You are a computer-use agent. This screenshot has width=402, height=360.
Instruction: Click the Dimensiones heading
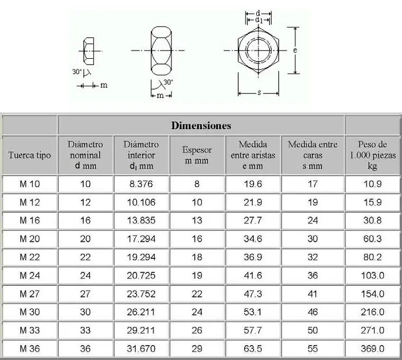click(201, 125)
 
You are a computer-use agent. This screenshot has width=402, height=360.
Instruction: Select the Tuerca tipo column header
click(30, 155)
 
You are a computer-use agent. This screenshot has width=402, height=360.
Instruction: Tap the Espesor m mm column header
click(197, 155)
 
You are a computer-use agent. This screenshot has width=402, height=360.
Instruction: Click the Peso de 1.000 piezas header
click(372, 155)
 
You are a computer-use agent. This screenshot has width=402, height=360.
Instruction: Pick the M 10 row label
click(30, 184)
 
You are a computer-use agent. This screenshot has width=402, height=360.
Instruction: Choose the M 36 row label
click(30, 349)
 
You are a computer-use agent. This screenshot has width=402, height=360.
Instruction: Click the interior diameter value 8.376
click(141, 184)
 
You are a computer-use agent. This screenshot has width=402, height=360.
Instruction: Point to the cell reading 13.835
click(141, 221)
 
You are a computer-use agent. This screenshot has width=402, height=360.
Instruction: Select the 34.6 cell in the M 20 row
click(253, 239)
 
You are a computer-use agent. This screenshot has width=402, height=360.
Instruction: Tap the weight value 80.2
click(372, 257)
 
